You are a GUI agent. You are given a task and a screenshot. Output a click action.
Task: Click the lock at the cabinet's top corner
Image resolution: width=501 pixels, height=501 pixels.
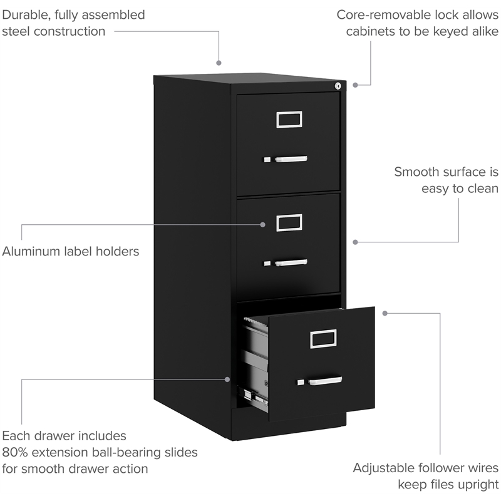pos(338,86)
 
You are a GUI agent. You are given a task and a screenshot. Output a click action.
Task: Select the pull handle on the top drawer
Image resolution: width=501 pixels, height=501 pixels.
pos(291,159)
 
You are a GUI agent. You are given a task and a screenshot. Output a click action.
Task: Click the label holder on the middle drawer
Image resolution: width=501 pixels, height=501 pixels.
pos(289,222)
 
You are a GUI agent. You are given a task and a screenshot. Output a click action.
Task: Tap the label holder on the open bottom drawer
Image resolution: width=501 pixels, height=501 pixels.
pos(324,338)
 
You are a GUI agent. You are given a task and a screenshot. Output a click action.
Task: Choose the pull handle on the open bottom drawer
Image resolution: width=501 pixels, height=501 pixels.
pos(325,380)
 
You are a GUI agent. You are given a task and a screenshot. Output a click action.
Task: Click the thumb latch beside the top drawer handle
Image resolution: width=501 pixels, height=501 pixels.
pos(267,160)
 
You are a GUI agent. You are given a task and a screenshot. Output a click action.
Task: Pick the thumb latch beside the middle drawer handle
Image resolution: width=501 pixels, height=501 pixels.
pos(267,263)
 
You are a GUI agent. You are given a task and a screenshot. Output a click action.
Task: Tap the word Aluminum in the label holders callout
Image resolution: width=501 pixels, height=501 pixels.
pos(30,252)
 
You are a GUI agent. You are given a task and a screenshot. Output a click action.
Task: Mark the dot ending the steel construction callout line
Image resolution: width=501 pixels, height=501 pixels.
pos(219,63)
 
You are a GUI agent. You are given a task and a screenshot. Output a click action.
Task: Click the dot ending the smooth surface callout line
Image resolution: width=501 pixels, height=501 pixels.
pos(355,241)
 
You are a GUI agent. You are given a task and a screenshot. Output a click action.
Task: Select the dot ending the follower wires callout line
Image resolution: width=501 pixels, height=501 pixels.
pos(385,312)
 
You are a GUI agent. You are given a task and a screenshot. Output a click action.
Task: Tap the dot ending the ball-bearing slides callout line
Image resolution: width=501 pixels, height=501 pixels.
pos(228,378)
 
